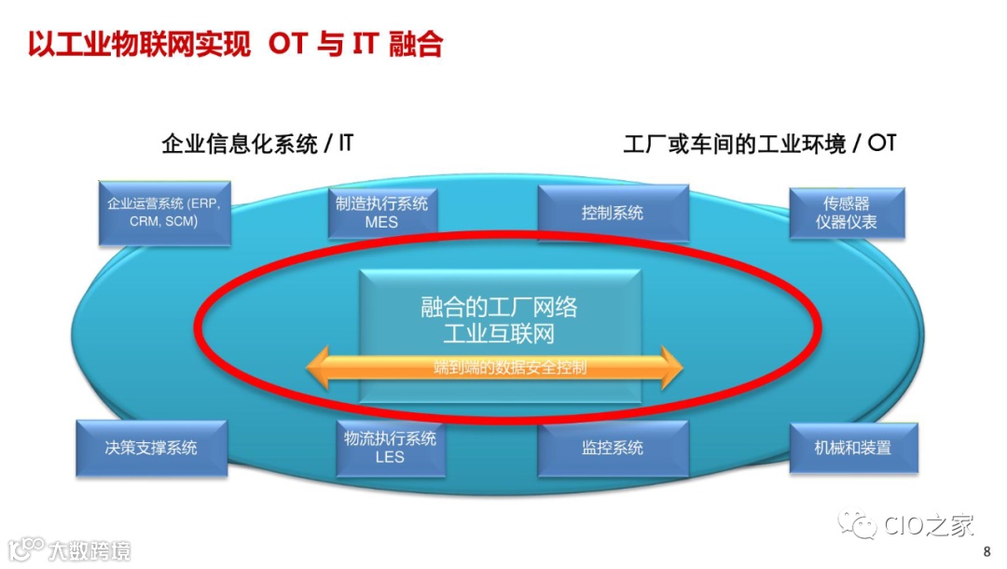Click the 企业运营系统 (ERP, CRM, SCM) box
(x=165, y=214)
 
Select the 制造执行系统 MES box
(x=381, y=213)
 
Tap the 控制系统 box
(x=613, y=213)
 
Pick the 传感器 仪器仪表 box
(x=847, y=214)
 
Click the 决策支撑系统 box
(x=151, y=448)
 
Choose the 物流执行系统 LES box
(x=390, y=448)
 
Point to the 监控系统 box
(x=613, y=448)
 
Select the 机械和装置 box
(x=853, y=448)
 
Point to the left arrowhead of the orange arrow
(x=318, y=367)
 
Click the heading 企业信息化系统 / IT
(x=258, y=145)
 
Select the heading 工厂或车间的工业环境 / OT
(x=760, y=145)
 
